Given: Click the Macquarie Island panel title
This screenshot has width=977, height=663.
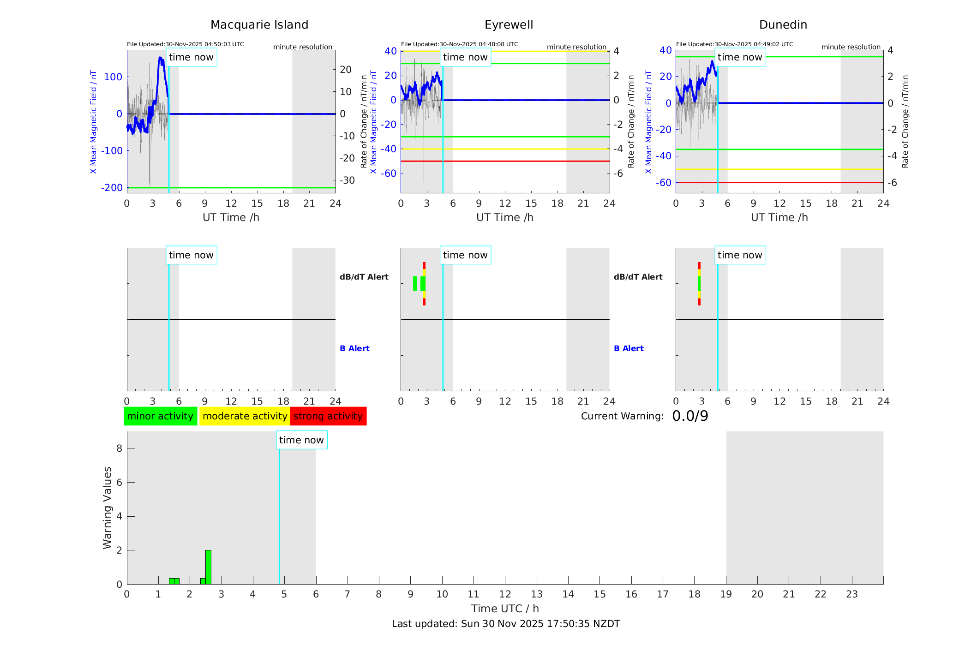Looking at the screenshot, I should click(259, 25).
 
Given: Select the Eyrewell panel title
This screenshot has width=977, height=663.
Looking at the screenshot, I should click(509, 25).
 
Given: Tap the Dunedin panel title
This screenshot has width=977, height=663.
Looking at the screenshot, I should click(783, 25).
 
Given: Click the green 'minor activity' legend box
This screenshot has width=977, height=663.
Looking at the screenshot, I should click(160, 416).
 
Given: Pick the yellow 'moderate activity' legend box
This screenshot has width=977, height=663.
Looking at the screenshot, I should click(245, 416).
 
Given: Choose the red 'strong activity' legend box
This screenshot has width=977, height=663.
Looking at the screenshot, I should click(328, 416).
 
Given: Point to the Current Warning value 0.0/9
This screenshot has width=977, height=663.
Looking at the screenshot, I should click(690, 416).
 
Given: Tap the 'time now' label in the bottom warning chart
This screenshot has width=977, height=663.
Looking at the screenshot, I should click(301, 440).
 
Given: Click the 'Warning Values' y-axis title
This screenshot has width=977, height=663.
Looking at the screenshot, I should click(108, 508).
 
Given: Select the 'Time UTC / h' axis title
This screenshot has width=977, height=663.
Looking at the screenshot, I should click(505, 609).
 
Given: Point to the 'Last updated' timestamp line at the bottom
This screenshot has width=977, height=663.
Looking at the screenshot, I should click(505, 624).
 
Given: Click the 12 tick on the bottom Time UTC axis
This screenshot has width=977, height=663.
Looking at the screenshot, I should click(505, 594).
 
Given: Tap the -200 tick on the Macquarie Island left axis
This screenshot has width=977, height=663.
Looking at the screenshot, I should click(112, 188).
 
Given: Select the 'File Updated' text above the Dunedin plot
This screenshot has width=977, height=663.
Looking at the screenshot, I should click(734, 44).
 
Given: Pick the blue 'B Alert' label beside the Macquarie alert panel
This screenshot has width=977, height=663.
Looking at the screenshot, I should click(354, 348).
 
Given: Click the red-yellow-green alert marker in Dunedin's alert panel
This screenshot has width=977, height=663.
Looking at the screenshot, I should click(699, 283).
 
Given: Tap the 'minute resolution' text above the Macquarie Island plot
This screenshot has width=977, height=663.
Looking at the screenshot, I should click(302, 47).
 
